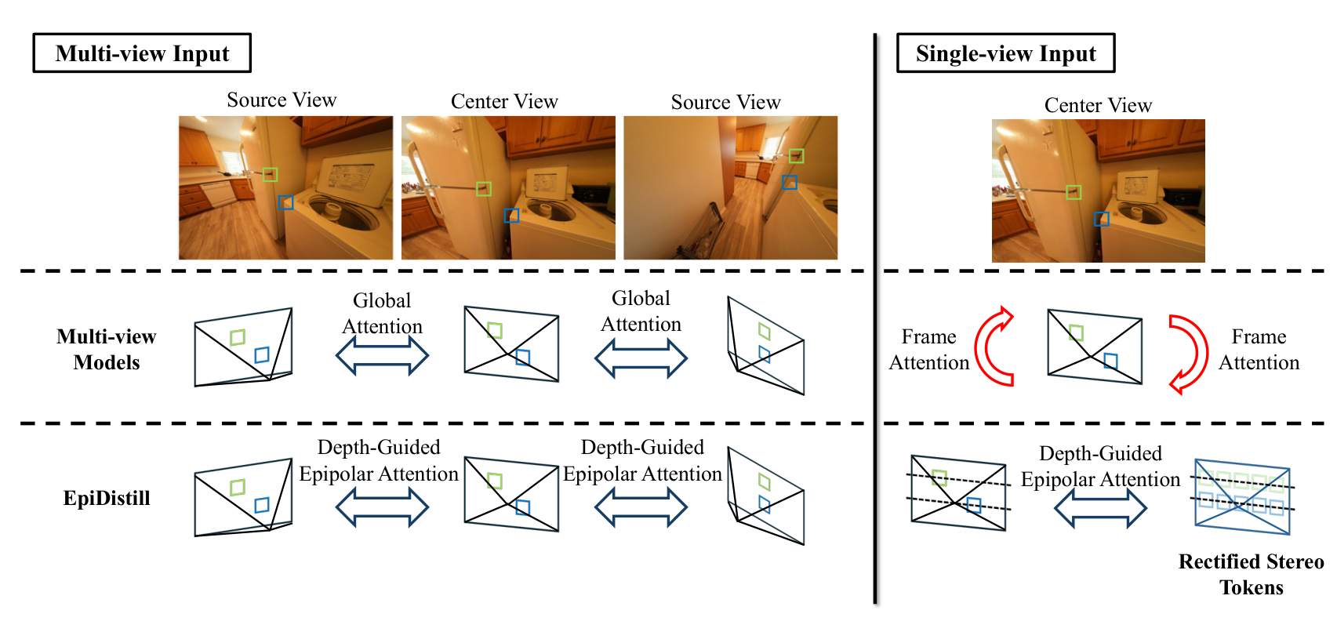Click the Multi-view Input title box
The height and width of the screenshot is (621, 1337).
point(142,53)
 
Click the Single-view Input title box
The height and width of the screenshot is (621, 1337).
point(1006,53)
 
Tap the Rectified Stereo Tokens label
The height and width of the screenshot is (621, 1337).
point(1251,574)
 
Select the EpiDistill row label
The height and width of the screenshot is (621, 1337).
point(107,498)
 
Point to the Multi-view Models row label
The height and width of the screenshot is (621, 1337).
point(106,350)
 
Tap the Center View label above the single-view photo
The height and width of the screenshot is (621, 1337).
point(1098,105)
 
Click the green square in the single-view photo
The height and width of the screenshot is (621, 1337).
point(1074,192)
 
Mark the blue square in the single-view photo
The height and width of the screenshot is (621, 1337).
point(1101,219)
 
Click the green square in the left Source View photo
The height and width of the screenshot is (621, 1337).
point(270,174)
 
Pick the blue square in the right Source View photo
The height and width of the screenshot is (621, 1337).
point(789,182)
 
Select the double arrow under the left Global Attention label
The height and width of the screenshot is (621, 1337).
point(382,355)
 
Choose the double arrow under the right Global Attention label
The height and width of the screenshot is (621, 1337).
point(641,358)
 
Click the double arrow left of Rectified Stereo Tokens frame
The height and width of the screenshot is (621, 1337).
point(1100,507)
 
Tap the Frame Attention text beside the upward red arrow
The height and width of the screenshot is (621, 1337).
point(928,350)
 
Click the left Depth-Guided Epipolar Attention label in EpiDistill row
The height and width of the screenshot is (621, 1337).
point(379,460)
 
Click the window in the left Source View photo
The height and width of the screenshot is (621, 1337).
point(231,161)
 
